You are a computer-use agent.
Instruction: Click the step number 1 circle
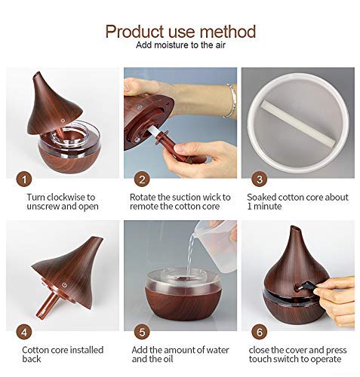tap(24, 179)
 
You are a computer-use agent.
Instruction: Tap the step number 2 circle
tap(142, 179)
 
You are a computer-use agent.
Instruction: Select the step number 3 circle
tap(260, 179)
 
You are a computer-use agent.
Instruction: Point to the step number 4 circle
tap(24, 332)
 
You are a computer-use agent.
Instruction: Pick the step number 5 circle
tap(142, 332)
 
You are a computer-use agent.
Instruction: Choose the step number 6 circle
tap(260, 332)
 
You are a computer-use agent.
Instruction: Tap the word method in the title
tap(228, 32)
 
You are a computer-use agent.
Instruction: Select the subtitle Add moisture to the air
tap(180, 45)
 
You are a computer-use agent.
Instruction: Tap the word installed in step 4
tap(85, 350)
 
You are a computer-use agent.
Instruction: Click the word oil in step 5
tap(167, 359)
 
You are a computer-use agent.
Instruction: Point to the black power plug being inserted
tap(305, 287)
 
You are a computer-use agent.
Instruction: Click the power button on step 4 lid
tap(65, 285)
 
